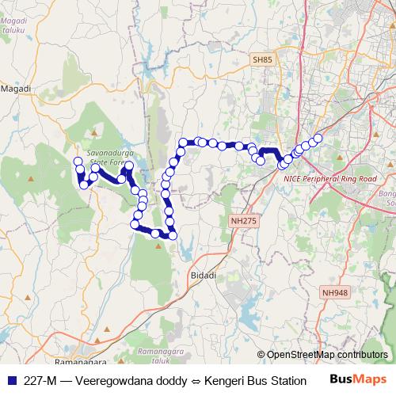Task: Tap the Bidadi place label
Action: pos(203,275)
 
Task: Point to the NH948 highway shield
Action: pos(334,293)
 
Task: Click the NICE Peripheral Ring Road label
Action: pos(329,179)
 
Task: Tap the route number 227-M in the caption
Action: pos(40,379)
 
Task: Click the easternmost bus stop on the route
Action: pos(318,139)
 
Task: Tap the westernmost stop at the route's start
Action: pos(78,162)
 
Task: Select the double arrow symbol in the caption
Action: pos(194,379)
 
